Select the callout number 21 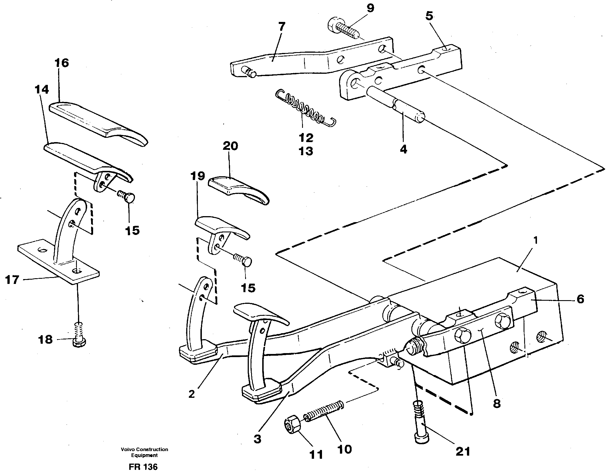tap(462, 452)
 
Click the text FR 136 tap(143, 467)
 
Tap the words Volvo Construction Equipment tap(144, 452)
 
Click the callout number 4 tap(403, 149)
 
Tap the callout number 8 tap(497, 404)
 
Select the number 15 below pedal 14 tap(132, 230)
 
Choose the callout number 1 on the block tap(535, 241)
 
